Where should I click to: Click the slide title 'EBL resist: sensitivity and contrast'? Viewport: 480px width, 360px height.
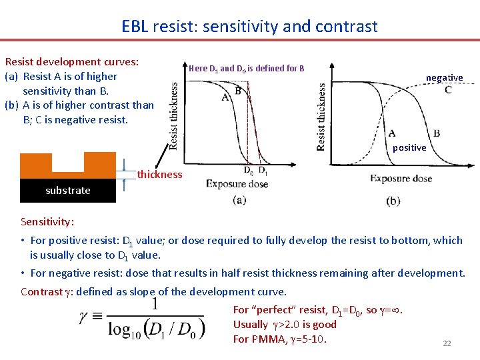tap(249, 27)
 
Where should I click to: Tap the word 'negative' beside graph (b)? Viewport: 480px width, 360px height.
tap(444, 78)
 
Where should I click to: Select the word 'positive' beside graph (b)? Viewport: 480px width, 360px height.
tap(409, 147)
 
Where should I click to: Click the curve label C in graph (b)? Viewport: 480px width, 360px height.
tap(448, 90)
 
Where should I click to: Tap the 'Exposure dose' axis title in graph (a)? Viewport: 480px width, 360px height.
tap(237, 184)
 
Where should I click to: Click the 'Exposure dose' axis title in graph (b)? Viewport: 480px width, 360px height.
tap(401, 178)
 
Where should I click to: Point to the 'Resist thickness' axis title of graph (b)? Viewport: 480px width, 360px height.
tap(322, 117)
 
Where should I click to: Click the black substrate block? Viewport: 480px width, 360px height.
tap(68, 190)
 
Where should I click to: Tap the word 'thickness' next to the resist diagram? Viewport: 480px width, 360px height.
tap(159, 175)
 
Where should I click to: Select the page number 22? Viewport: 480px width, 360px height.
tap(447, 343)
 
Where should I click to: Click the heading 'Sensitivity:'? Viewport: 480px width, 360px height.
tap(47, 221)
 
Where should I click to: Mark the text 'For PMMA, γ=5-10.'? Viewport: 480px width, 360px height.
tap(279, 339)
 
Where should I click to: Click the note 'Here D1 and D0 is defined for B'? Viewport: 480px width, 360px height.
tap(247, 68)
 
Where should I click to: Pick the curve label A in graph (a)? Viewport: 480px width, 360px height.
tap(225, 97)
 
